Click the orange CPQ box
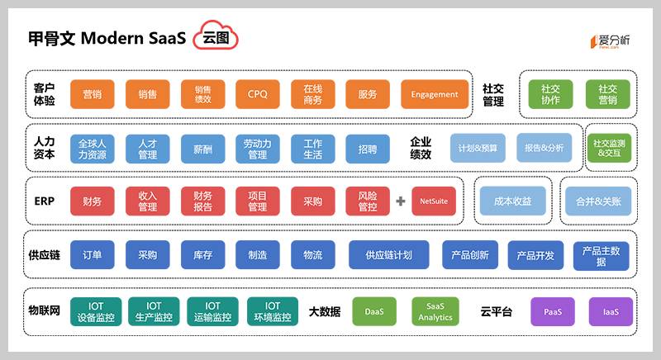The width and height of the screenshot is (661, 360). (x=258, y=94)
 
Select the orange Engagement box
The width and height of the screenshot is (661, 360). (x=434, y=94)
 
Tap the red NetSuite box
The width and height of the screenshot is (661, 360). (x=434, y=201)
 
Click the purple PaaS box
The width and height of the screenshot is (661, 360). (x=553, y=311)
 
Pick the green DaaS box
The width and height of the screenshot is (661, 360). (x=373, y=311)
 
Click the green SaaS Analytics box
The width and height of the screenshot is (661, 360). (x=435, y=311)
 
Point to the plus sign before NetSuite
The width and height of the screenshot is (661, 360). (x=400, y=201)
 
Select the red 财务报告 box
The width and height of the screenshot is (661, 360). (x=202, y=201)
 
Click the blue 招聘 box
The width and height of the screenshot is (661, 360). (x=368, y=149)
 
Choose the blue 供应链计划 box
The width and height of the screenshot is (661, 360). (x=388, y=255)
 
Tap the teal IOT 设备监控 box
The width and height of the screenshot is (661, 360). (x=96, y=311)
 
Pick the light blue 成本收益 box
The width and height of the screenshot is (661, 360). (x=513, y=201)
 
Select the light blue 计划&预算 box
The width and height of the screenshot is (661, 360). (x=478, y=148)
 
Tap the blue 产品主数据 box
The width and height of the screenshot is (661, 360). (x=601, y=255)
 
